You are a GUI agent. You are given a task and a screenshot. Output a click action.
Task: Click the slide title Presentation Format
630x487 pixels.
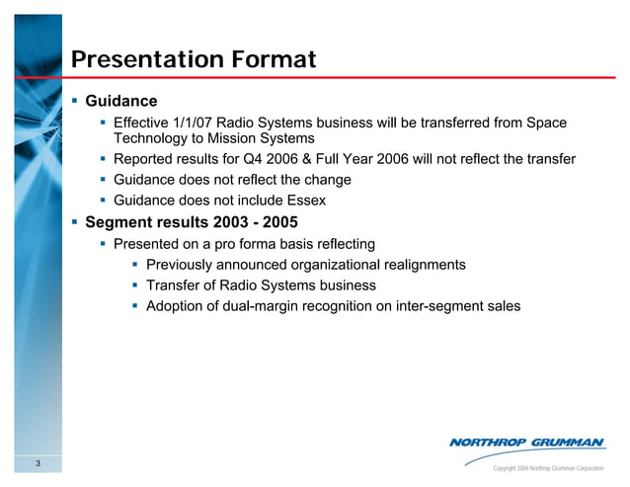coord(195,59)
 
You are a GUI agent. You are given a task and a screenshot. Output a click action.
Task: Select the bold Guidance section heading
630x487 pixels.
coord(121,101)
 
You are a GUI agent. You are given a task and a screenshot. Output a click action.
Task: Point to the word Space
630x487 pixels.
coord(546,122)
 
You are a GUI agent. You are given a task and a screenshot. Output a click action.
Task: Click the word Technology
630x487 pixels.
coord(151,139)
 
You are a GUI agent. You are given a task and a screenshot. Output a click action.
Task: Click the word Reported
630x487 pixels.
coord(146,159)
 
